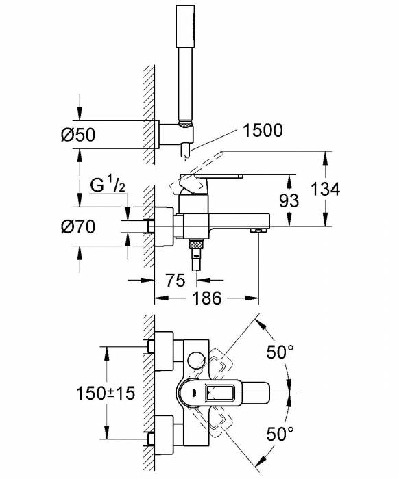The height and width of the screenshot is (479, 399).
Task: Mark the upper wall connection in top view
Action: click(165, 349)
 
